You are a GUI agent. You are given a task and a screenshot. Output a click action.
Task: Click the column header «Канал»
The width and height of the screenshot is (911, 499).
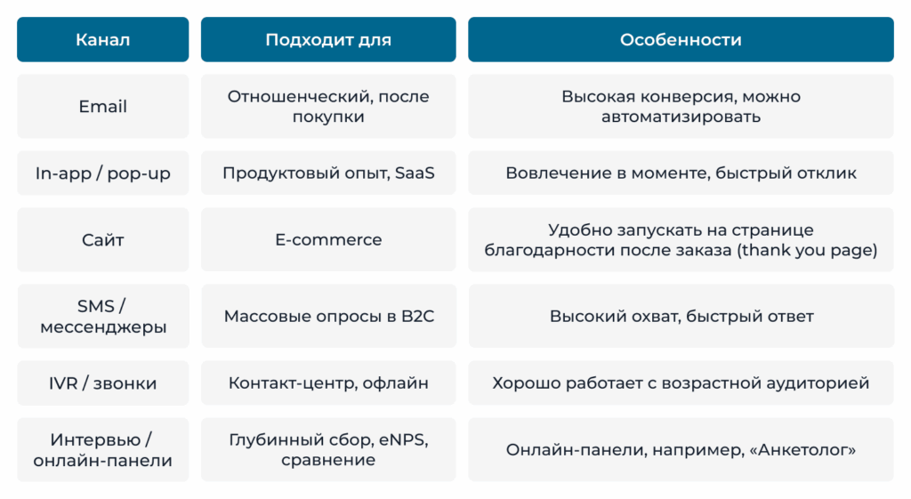coord(103,39)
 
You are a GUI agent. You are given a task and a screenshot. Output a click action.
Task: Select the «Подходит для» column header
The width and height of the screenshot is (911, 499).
coord(328,39)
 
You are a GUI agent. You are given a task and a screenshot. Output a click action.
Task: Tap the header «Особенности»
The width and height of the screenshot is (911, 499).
coord(681,39)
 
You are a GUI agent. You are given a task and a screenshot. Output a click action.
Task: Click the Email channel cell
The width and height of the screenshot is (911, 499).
coord(103,107)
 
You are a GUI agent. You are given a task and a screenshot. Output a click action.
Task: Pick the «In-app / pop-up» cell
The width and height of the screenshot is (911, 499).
coord(103,173)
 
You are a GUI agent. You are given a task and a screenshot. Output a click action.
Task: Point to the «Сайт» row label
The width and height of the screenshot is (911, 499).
coord(103,240)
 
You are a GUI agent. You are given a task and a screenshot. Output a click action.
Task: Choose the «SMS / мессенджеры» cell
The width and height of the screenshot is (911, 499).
coord(103,316)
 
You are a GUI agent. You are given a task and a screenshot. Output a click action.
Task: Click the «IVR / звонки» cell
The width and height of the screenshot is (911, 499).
coord(103,382)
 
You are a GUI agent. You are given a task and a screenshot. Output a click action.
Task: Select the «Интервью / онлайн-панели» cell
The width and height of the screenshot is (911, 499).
coord(103,449)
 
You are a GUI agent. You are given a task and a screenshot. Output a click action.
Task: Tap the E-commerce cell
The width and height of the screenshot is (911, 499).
coord(328,240)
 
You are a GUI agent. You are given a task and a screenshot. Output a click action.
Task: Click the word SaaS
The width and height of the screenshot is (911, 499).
coord(415,173)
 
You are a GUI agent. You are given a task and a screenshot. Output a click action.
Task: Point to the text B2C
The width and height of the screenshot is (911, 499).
coord(418,316)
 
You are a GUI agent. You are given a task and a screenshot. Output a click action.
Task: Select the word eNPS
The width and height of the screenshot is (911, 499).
coord(404,439)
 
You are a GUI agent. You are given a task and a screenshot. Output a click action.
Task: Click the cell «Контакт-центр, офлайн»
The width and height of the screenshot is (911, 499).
coord(328,382)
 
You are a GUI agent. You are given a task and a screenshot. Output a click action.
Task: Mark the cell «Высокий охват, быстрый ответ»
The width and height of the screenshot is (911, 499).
coord(681,316)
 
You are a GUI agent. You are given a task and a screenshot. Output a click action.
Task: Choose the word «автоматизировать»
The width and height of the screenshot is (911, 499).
coord(681,117)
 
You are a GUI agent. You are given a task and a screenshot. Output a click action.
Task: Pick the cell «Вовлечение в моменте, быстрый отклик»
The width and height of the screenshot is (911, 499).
coord(681,173)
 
